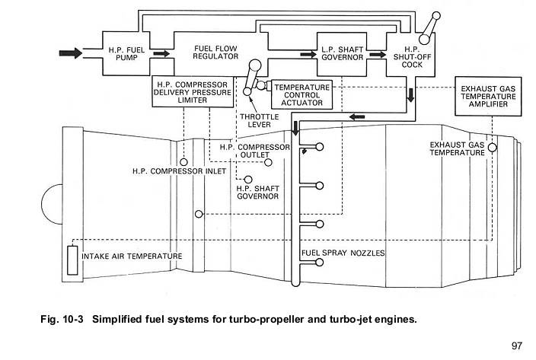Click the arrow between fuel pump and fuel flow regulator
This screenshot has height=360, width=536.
click(x=161, y=54)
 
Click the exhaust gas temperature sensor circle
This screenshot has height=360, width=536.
click(x=493, y=147)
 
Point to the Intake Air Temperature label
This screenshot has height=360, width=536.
click(x=132, y=256)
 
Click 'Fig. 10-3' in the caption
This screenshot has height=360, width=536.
click(x=62, y=319)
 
